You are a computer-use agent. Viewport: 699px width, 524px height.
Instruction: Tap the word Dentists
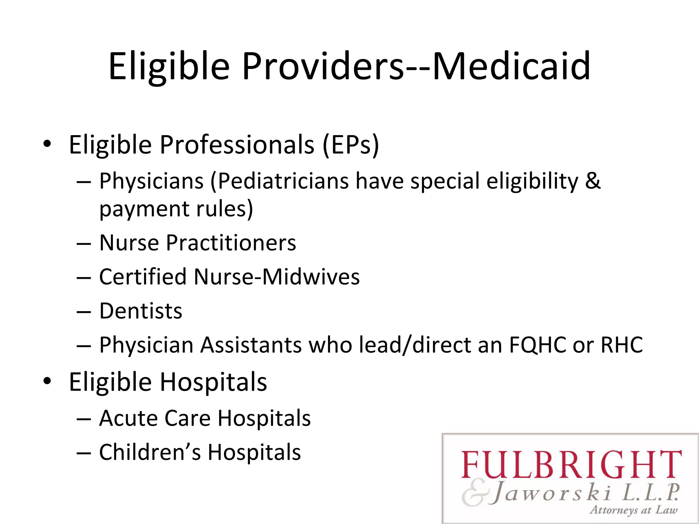pos(141,311)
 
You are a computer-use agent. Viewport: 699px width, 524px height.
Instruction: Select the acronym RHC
pos(622,345)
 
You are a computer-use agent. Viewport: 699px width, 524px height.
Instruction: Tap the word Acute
pos(128,418)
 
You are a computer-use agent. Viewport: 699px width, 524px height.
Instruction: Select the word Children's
pos(150,452)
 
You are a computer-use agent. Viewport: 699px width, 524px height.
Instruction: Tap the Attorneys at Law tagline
pos(633,510)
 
